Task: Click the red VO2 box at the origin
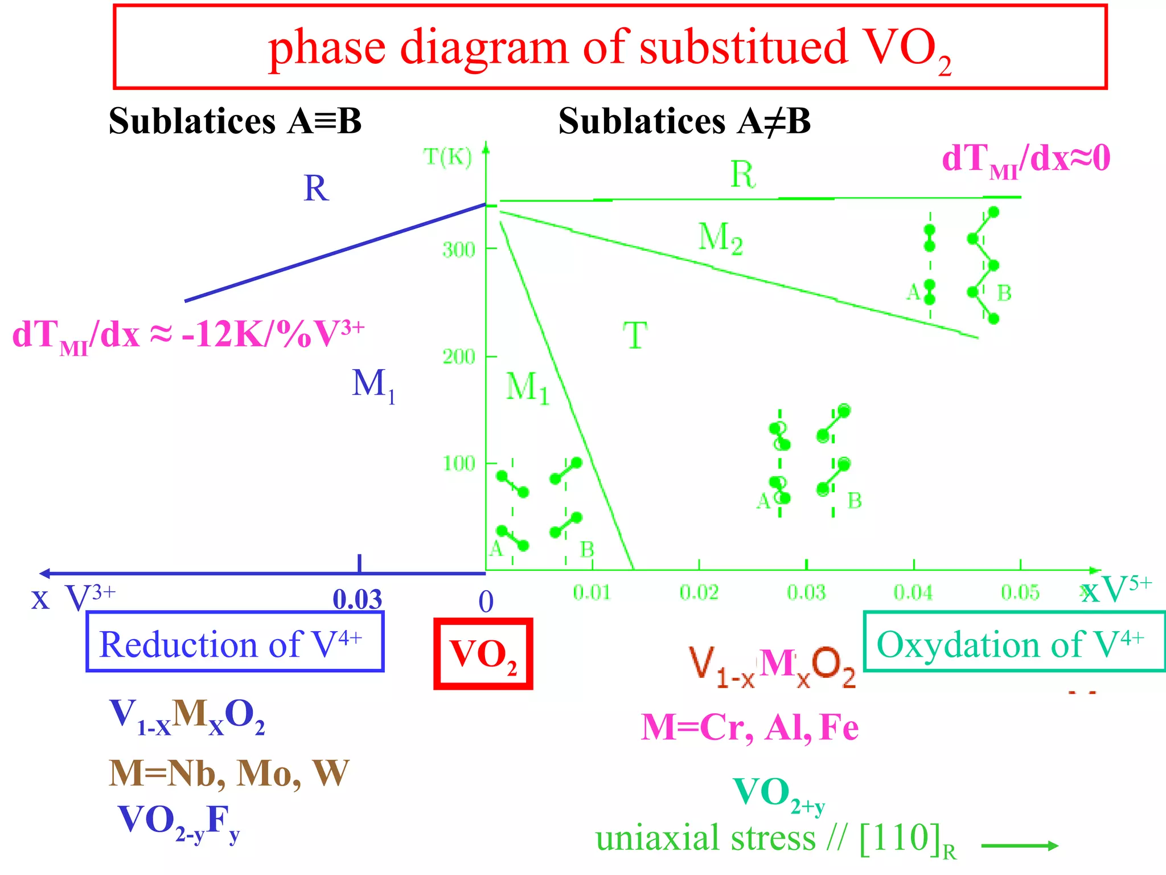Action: [x=483, y=654]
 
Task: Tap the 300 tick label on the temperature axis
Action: [x=459, y=250]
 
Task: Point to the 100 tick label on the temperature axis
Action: [x=459, y=464]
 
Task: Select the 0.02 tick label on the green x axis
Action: [x=699, y=593]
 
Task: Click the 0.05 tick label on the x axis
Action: [x=1020, y=593]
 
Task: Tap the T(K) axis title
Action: [x=448, y=156]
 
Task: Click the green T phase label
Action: [x=635, y=336]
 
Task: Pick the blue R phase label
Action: [x=316, y=188]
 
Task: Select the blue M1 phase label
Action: [x=373, y=385]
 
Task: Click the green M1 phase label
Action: [x=527, y=387]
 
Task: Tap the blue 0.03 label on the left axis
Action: [x=358, y=599]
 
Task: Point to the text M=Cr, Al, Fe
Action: [x=750, y=727]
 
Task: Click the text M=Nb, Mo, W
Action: [x=229, y=774]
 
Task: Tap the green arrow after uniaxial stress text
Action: [x=1019, y=846]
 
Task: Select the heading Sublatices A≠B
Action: [x=684, y=121]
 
